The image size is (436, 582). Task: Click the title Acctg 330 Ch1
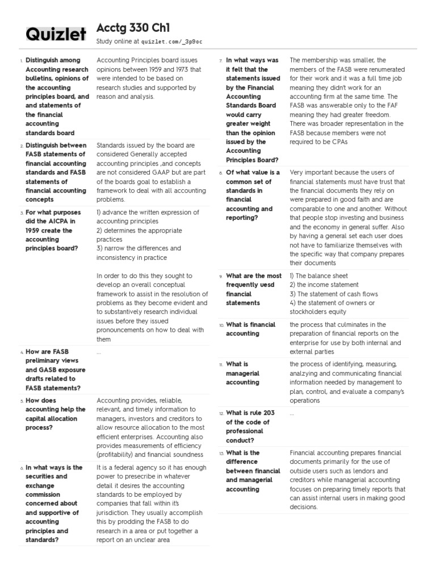pos(133,28)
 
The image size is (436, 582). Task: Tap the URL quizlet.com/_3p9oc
pos(171,41)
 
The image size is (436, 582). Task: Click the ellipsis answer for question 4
pos(99,352)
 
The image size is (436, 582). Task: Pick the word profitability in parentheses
pos(116,455)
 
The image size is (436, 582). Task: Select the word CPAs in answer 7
pos(339,142)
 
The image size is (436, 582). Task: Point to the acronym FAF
pos(391,105)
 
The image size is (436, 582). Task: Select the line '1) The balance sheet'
pos(318,276)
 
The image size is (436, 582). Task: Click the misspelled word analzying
pos(306,373)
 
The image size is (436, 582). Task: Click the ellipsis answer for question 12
pos(292,414)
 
